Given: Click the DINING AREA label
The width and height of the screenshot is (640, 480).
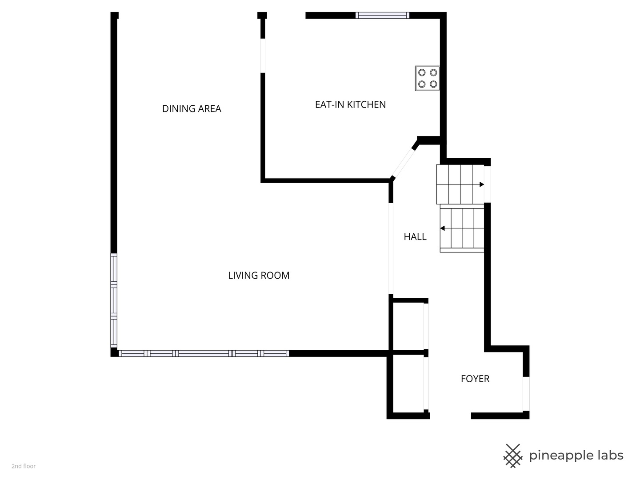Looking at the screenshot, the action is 192,109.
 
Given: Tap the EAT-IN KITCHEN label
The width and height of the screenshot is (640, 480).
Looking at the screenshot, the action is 351,104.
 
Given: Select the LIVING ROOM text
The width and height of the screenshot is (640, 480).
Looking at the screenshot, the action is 259,276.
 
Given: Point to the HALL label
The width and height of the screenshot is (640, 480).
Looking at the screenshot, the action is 415,236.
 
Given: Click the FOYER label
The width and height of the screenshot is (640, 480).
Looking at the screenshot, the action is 475,379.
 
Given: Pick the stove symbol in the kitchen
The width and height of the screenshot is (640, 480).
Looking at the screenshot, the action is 428,78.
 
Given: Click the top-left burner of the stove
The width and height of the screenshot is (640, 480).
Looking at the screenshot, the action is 422,72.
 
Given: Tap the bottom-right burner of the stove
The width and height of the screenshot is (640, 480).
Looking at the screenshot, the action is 434,84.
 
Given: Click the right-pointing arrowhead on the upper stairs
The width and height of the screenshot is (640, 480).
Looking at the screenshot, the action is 482,184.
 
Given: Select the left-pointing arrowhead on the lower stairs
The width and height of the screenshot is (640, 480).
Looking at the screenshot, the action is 442,228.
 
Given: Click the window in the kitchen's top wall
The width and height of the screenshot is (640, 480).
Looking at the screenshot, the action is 382,16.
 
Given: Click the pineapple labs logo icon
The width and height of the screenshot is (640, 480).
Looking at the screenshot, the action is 512,456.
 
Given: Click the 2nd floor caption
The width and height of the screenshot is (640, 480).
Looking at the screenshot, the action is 24,466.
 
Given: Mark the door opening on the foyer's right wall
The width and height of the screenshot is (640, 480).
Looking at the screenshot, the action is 526,394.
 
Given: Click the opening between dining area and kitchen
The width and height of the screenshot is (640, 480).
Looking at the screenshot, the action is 263,56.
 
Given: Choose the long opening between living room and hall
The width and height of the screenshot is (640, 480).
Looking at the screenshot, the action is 391,248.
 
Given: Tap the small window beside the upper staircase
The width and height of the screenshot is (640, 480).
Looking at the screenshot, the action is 488,184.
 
